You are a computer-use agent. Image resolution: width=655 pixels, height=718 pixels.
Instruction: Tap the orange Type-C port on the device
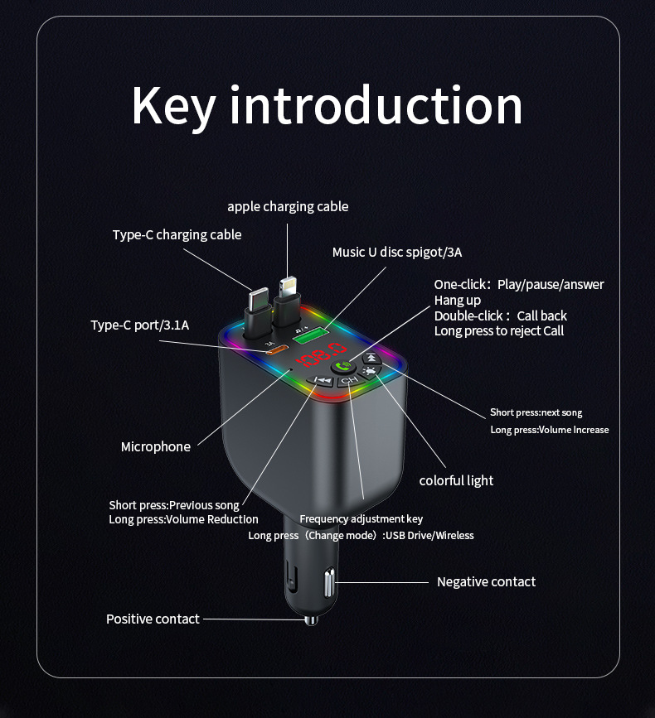[277, 350]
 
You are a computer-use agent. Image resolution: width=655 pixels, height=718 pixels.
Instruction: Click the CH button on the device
[348, 381]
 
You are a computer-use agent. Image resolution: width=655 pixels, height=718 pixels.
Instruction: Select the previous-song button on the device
[322, 381]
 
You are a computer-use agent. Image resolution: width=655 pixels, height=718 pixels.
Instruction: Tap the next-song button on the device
[372, 358]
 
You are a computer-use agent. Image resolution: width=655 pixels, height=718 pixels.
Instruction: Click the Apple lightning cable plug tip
[288, 287]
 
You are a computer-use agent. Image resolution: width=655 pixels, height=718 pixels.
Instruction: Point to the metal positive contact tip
[311, 619]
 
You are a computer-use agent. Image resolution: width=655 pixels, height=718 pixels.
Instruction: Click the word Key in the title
[173, 105]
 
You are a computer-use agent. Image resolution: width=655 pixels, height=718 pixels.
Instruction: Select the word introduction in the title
[376, 105]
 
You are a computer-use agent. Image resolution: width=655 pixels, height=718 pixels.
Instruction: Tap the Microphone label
[156, 446]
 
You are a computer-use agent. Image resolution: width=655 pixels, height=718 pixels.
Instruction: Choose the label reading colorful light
[456, 480]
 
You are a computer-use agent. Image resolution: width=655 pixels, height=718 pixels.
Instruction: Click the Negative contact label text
[486, 581]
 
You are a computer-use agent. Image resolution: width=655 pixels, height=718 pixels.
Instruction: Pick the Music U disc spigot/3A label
[397, 252]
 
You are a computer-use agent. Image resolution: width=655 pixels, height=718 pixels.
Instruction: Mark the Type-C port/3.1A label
[140, 325]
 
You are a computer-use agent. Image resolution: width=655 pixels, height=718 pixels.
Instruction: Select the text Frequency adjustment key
[361, 519]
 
